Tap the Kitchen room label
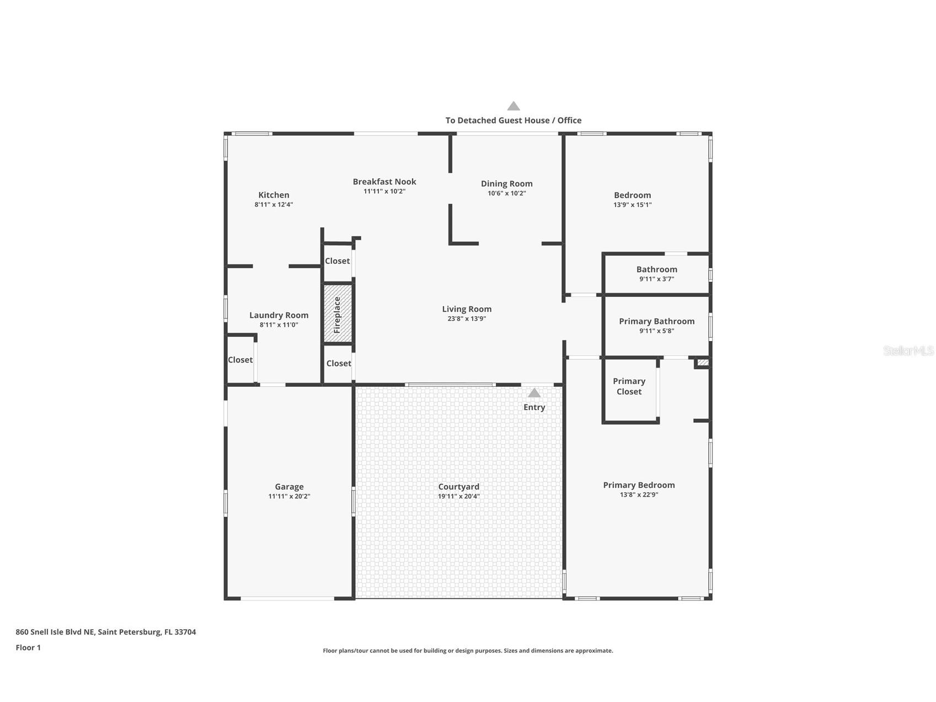(x=274, y=195)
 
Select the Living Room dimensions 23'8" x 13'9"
(x=467, y=319)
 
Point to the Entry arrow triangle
(x=534, y=393)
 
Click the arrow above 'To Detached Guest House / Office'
(x=514, y=106)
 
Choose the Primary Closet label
(x=629, y=386)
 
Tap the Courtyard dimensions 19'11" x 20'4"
(x=459, y=496)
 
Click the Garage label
(x=289, y=487)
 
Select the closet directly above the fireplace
(x=337, y=261)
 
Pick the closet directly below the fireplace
(x=338, y=364)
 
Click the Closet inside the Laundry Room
(x=240, y=360)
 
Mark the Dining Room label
(x=506, y=184)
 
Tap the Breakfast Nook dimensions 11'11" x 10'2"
(x=384, y=192)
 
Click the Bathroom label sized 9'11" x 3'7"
(x=656, y=269)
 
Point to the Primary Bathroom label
(x=656, y=321)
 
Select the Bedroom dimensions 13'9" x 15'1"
(x=632, y=205)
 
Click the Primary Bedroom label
(x=639, y=485)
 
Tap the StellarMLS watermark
(x=908, y=351)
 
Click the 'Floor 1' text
(x=28, y=648)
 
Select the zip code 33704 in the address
(x=185, y=632)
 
